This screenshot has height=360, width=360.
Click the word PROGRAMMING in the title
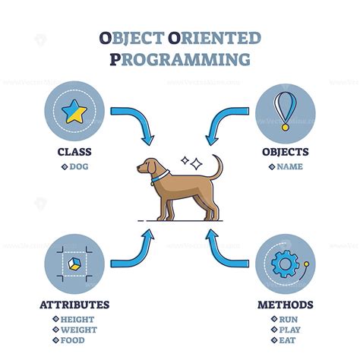(x=180, y=59)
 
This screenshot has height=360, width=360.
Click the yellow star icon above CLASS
(x=74, y=112)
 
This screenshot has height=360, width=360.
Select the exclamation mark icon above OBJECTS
(x=285, y=110)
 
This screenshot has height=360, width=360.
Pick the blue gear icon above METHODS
(x=284, y=264)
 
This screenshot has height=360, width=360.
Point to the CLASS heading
(x=74, y=152)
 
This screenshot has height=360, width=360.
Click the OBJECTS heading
(x=285, y=152)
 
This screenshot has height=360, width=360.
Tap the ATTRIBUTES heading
(x=74, y=305)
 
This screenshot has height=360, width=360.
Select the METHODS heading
(x=285, y=305)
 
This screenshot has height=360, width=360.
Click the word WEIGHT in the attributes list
(x=78, y=331)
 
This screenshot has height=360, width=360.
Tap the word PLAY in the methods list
(x=289, y=331)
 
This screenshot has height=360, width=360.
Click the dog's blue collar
(x=160, y=179)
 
